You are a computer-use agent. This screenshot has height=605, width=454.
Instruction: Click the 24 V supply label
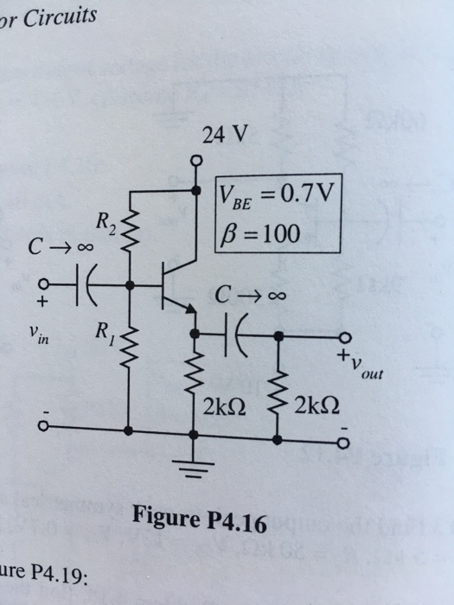click(x=223, y=134)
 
